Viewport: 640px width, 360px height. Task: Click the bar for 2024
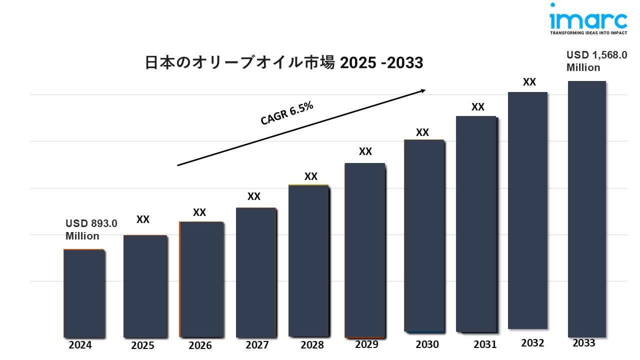pyautogui.click(x=84, y=293)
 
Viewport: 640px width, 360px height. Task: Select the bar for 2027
pyautogui.click(x=256, y=272)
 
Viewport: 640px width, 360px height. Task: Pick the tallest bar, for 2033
pyautogui.click(x=587, y=209)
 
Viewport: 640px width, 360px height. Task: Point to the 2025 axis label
pyautogui.click(x=143, y=345)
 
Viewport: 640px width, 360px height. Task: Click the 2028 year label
pyautogui.click(x=312, y=345)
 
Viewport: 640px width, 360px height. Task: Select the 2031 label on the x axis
pyautogui.click(x=485, y=344)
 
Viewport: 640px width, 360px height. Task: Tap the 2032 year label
pyautogui.click(x=533, y=343)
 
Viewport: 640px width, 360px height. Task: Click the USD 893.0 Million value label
pyautogui.click(x=91, y=230)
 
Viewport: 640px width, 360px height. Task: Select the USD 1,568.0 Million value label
pyautogui.click(x=596, y=61)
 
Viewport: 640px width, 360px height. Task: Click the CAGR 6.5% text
pyautogui.click(x=287, y=113)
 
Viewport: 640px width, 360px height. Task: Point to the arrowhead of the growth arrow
pyautogui.click(x=422, y=90)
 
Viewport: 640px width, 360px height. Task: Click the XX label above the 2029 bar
pyautogui.click(x=365, y=152)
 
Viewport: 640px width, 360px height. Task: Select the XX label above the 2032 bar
pyautogui.click(x=529, y=82)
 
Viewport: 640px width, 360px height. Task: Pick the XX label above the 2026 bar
pyautogui.click(x=199, y=212)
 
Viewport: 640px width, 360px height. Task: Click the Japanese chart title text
pyautogui.click(x=284, y=63)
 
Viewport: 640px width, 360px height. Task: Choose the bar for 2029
pyautogui.click(x=365, y=250)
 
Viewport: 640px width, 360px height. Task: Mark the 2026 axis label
pyautogui.click(x=200, y=345)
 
